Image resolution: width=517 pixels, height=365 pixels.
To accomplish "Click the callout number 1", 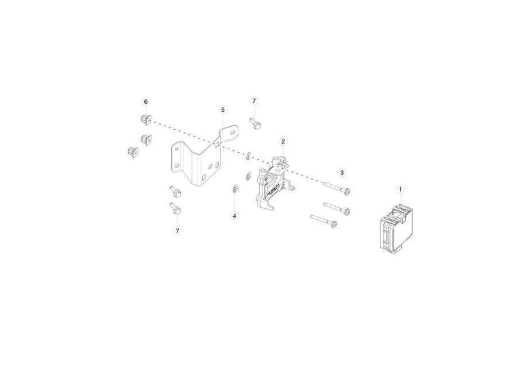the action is tap(400, 189).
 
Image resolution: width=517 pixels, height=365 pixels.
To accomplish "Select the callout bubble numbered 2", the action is tap(283, 142).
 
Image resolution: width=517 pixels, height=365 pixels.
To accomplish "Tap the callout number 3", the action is tap(342, 173).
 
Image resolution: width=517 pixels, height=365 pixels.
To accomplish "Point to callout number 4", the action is tap(234, 216).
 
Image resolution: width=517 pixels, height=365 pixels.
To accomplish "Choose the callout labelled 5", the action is tap(222, 110).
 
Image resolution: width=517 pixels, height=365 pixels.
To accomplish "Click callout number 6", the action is tap(146, 102).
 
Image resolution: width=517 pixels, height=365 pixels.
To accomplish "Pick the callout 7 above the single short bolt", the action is tap(254, 101).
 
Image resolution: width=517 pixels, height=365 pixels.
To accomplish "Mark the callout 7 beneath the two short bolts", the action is tap(178, 231).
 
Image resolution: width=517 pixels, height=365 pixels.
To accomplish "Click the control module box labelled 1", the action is tap(396, 228).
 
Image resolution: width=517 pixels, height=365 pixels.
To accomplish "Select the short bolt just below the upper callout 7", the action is tap(256, 123).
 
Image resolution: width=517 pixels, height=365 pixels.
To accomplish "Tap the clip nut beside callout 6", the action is tap(145, 119).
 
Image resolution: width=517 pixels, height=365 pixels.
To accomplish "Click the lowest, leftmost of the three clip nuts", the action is tap(133, 152).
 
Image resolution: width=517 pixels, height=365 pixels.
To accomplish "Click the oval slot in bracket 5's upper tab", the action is tap(233, 132).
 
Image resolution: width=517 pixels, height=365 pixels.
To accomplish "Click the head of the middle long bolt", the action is tap(346, 211).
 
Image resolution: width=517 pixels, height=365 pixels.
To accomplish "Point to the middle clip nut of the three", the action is tap(146, 139).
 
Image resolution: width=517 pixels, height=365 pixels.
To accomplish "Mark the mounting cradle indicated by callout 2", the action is tap(273, 183).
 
